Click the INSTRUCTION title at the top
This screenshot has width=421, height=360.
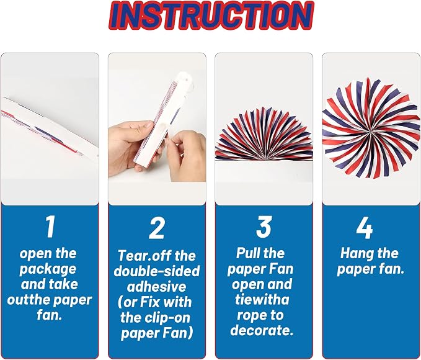[x=211, y=16]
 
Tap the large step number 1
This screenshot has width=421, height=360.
[x=50, y=227]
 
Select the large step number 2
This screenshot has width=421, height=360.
[x=156, y=228]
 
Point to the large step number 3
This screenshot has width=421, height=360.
[x=264, y=227]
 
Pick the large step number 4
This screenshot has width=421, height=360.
[x=365, y=228]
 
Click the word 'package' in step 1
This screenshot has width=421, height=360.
[x=48, y=269]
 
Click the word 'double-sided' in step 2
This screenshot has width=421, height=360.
[x=157, y=271]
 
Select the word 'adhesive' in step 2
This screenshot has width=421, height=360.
[x=156, y=287]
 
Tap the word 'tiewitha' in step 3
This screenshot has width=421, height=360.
[x=262, y=300]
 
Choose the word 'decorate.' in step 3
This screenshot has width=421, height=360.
[x=262, y=330]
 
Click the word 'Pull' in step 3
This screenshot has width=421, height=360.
[x=247, y=253]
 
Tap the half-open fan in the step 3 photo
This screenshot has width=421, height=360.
[x=264, y=134]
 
